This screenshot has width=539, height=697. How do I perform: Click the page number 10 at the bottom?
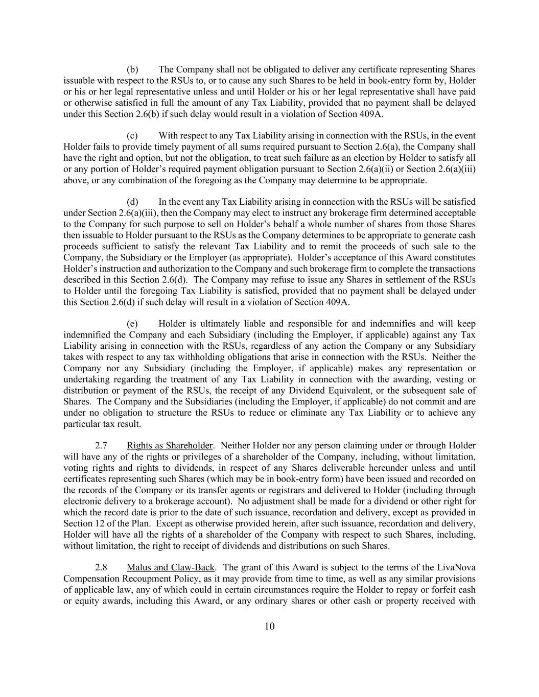coord(269,627)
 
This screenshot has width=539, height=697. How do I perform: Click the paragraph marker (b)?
coord(132,69)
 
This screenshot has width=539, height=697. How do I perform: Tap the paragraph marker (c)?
coord(132,136)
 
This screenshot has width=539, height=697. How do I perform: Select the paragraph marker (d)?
coord(132,202)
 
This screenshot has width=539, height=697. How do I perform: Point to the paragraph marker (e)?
coord(132,324)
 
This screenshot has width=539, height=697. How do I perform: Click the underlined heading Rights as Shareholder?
coord(170,446)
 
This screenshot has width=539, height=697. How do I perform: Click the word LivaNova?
coord(456,567)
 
